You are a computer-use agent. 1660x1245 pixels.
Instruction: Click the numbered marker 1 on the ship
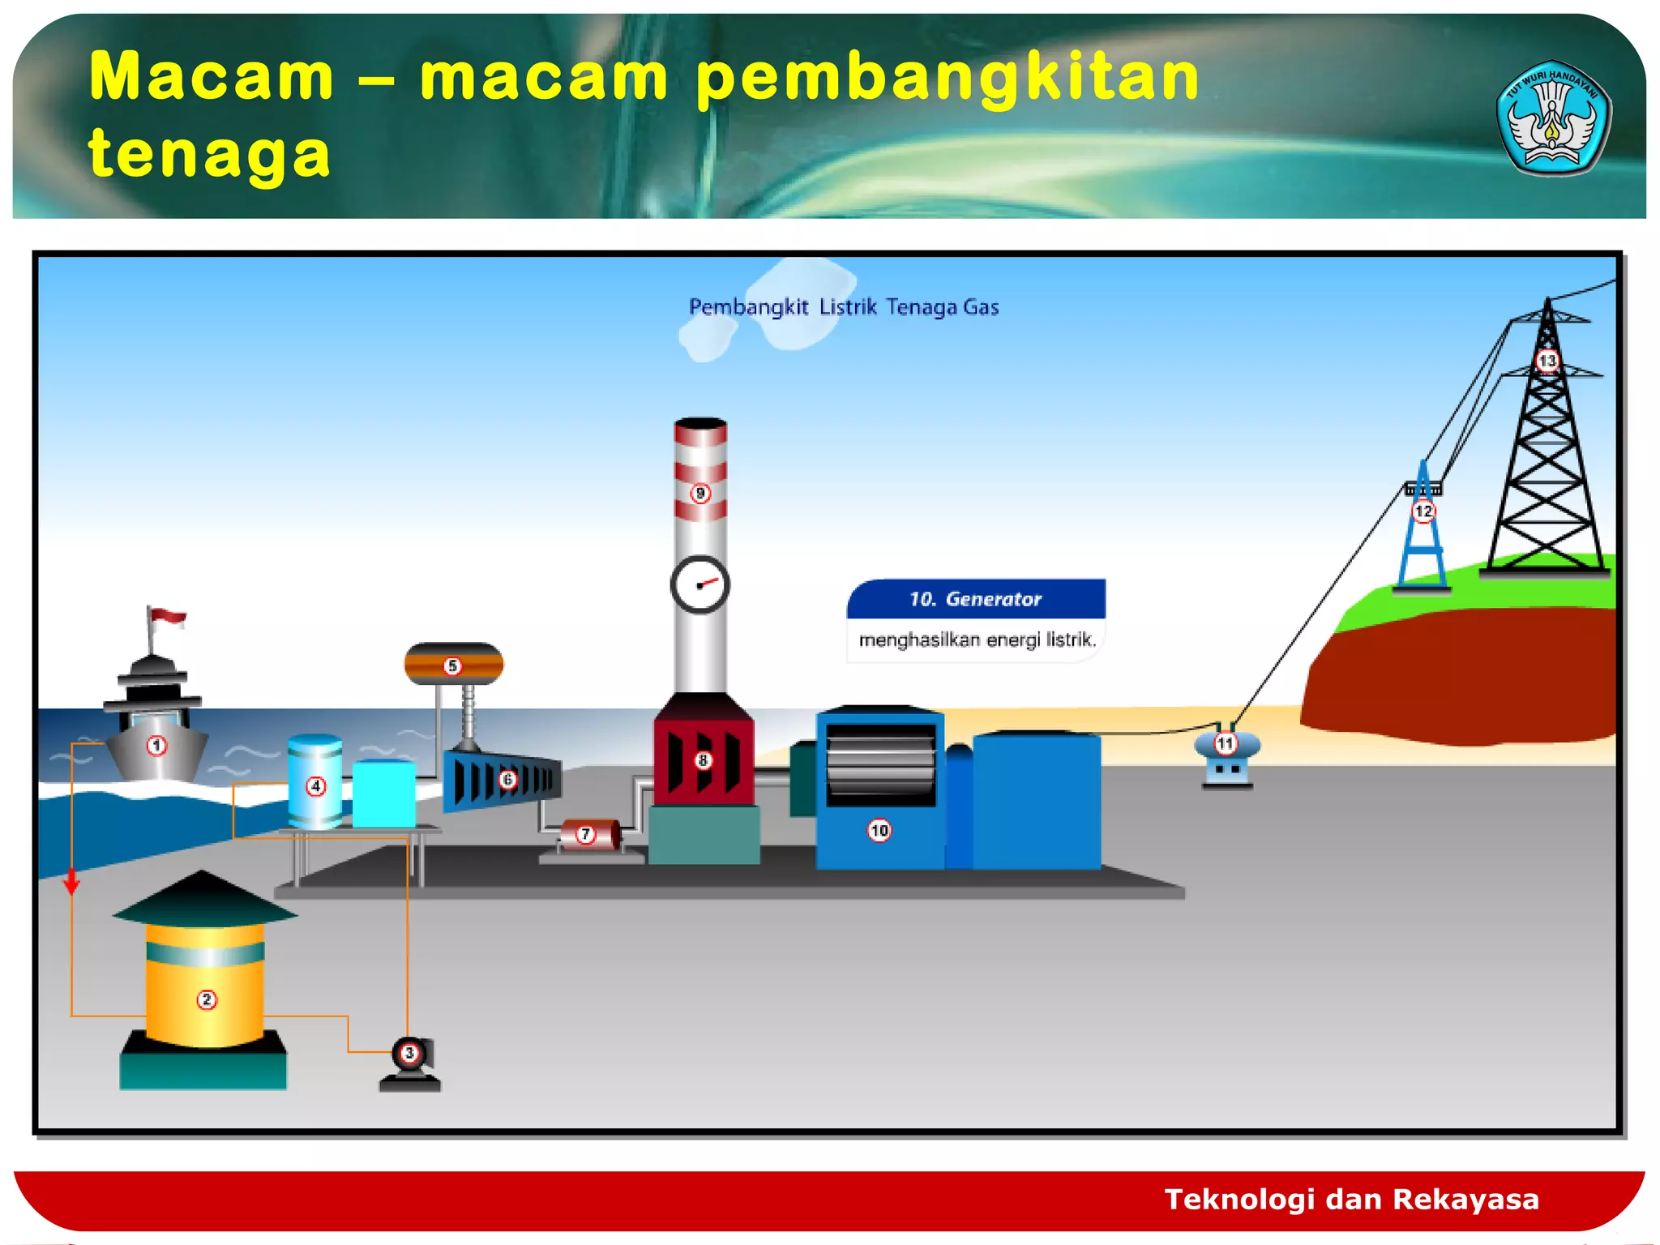tap(156, 746)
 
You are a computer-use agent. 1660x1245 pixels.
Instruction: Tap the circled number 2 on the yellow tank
tap(207, 999)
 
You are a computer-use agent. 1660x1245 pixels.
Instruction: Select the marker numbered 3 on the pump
tap(409, 1053)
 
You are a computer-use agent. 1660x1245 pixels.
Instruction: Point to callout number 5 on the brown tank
tap(452, 666)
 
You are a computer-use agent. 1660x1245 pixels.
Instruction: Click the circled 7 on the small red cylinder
tap(585, 834)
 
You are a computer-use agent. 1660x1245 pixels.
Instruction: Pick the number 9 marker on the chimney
tap(701, 493)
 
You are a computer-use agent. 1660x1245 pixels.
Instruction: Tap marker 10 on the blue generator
tap(879, 830)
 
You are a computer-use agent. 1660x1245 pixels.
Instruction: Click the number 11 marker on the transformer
tap(1225, 742)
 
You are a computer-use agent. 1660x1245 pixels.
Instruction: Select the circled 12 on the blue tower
tap(1423, 511)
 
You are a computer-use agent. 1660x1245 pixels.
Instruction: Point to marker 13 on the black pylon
tap(1547, 361)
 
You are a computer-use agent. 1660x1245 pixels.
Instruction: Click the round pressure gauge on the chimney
tap(700, 584)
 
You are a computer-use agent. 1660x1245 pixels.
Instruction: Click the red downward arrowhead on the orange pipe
tap(72, 883)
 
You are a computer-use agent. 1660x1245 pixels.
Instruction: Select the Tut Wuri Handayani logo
tap(1552, 118)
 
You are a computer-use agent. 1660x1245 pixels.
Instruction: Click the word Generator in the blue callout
tap(993, 599)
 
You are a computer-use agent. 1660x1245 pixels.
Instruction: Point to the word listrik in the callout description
tap(1070, 640)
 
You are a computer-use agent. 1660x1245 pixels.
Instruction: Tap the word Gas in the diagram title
tap(981, 307)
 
